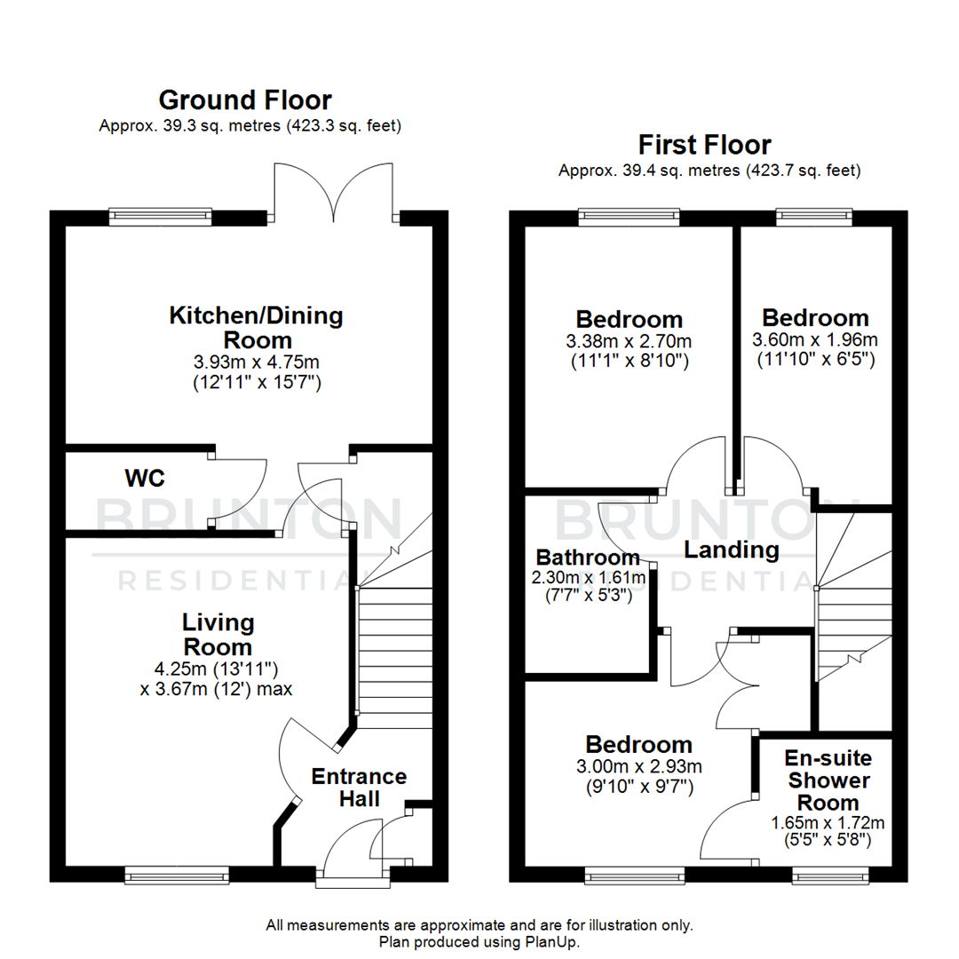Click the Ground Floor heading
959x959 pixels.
[x=245, y=99]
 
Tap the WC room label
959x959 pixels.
[x=144, y=479]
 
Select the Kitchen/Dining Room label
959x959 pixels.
[x=256, y=327]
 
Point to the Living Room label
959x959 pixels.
[x=218, y=634]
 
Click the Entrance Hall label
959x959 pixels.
[x=359, y=787]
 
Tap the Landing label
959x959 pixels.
[x=732, y=550]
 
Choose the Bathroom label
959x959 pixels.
[x=587, y=558]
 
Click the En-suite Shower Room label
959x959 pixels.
[x=828, y=781]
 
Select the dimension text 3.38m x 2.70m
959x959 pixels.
[x=629, y=341]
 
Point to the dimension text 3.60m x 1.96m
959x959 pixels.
[x=814, y=339]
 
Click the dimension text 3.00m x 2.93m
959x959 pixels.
[x=638, y=766]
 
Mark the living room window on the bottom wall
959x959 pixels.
[x=177, y=876]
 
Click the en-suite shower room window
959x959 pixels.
[x=831, y=876]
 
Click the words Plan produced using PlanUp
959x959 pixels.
[x=479, y=941]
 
